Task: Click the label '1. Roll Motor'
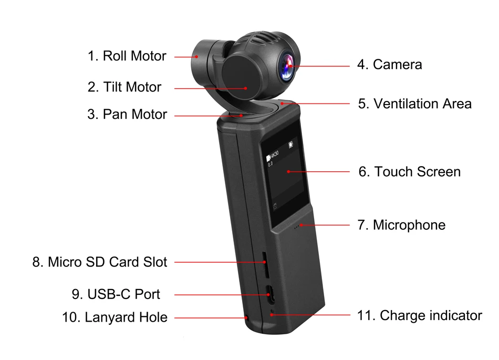[x=127, y=56]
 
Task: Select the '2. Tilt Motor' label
[x=124, y=87]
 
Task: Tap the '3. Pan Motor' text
[x=127, y=115]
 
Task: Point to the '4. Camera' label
[x=389, y=65]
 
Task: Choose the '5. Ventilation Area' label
[x=414, y=104]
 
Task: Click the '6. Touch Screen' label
[x=409, y=172]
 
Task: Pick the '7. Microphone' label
[x=401, y=225]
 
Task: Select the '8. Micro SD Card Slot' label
[x=100, y=262]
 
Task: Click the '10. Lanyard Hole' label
[x=115, y=317]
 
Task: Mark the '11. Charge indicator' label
[x=419, y=315]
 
